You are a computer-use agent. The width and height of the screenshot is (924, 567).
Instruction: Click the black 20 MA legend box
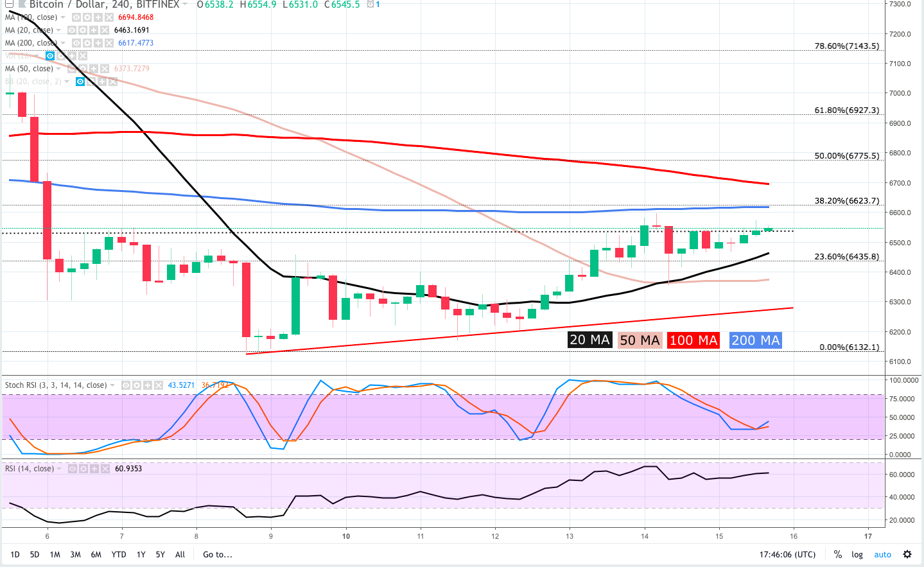click(x=589, y=340)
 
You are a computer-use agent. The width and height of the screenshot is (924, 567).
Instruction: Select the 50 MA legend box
click(x=640, y=340)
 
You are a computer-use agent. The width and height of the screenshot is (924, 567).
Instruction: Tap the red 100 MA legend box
click(x=693, y=340)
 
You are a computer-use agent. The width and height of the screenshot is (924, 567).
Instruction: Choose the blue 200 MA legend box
click(x=755, y=340)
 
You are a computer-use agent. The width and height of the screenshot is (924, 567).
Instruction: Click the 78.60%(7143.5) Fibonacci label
click(x=846, y=46)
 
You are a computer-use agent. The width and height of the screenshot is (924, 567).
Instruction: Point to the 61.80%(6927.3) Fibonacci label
click(x=846, y=110)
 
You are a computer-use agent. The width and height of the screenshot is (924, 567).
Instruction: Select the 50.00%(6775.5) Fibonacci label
click(x=846, y=156)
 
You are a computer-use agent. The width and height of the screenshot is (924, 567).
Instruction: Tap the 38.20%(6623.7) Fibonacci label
click(x=846, y=201)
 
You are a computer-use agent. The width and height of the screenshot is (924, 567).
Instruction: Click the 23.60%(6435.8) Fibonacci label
click(x=846, y=257)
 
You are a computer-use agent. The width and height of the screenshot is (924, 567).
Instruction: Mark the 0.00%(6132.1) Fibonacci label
click(x=849, y=347)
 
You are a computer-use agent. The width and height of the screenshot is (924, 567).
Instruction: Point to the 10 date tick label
click(x=346, y=536)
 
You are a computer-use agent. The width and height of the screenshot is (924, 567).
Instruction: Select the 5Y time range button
click(x=160, y=555)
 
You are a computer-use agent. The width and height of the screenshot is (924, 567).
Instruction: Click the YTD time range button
click(x=119, y=555)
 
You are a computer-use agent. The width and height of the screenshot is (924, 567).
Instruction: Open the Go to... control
click(x=218, y=555)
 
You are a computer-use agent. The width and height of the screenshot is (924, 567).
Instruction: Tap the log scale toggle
click(x=857, y=555)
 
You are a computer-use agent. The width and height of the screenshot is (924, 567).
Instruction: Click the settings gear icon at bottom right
click(x=907, y=554)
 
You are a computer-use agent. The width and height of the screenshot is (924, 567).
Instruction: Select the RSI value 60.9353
click(x=128, y=469)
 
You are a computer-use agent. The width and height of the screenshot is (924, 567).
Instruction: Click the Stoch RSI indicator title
click(x=56, y=385)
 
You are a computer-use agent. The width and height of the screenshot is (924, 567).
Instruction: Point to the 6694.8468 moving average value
click(x=135, y=17)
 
